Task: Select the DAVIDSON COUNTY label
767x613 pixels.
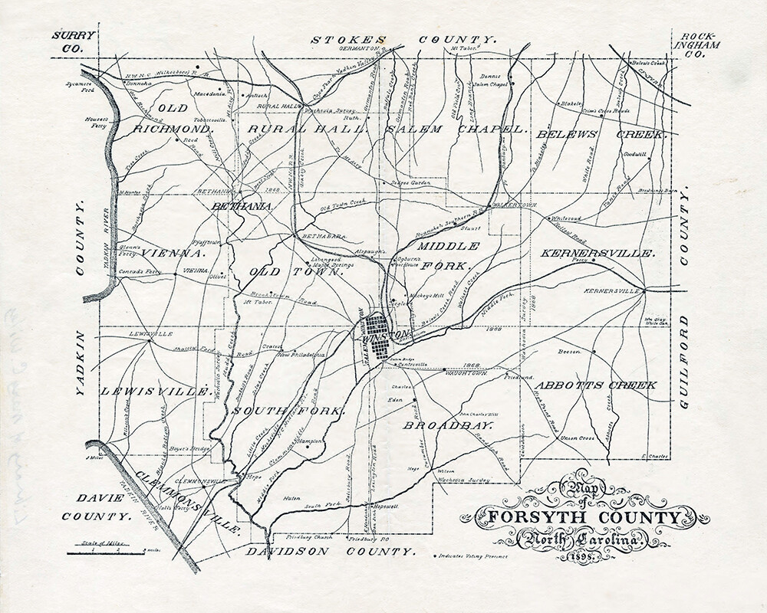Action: (331, 551)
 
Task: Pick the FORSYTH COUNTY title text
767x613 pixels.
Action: (578, 517)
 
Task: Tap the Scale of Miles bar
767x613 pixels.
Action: (107, 547)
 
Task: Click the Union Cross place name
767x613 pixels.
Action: (578, 438)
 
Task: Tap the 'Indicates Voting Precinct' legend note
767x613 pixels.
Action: (473, 556)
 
